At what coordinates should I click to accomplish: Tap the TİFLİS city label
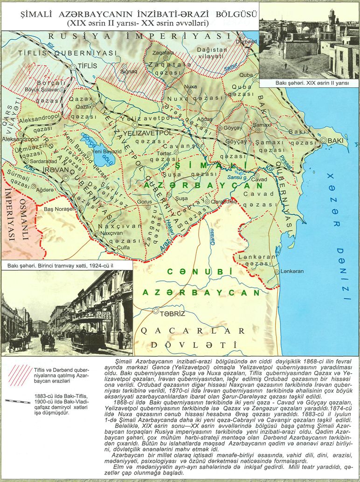(x=88, y=66)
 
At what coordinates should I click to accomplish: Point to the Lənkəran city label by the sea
(x=292, y=271)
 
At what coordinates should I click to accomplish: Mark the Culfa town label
(x=123, y=248)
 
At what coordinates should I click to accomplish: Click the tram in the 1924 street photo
(x=89, y=332)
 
